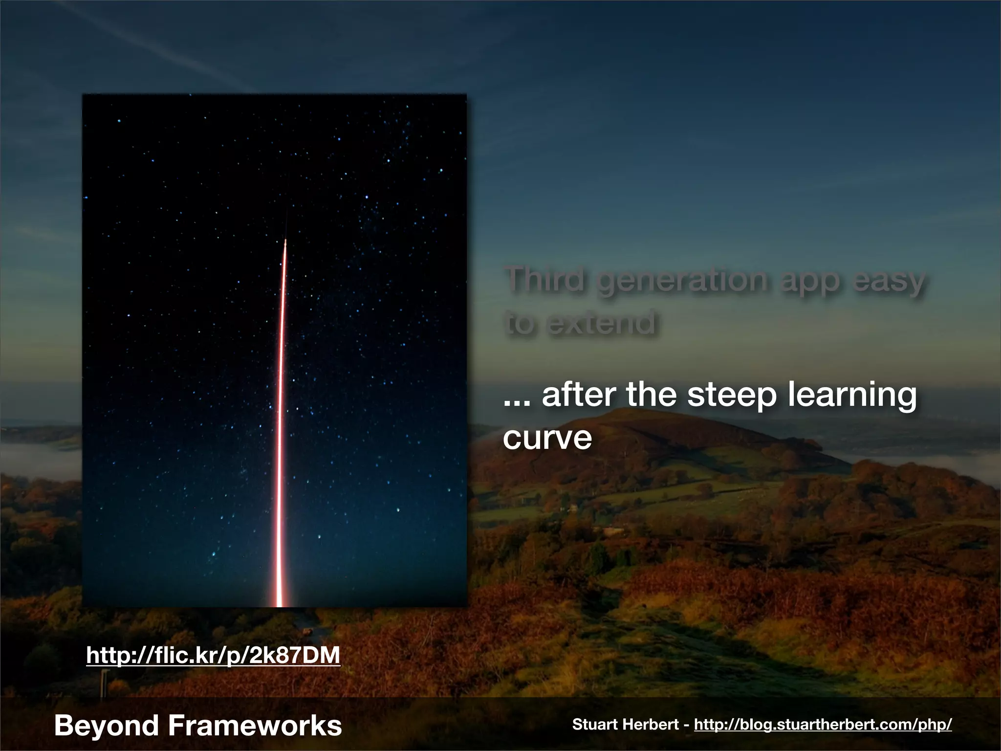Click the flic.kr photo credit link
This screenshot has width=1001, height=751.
coord(213,655)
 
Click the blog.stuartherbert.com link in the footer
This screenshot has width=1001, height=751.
coord(823,724)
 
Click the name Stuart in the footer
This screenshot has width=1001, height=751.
coord(595,724)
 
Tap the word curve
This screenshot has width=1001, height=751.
coord(547,438)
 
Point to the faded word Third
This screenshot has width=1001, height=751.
coord(545,280)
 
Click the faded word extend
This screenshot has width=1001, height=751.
coord(601,323)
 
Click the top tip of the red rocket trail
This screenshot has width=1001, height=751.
coord(285,241)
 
